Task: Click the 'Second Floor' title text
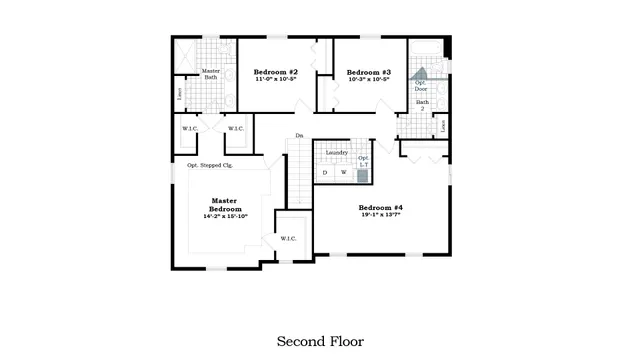320,341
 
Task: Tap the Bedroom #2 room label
275,72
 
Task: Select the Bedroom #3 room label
368,72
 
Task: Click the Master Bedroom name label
225,203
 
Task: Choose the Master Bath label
211,75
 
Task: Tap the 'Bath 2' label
422,105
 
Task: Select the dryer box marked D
324,173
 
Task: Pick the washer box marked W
343,173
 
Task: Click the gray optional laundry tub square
363,174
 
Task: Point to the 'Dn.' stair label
298,136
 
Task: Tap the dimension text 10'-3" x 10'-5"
368,80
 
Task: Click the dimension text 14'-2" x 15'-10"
225,215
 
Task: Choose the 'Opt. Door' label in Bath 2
421,86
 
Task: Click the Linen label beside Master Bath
180,94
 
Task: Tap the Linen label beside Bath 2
443,125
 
